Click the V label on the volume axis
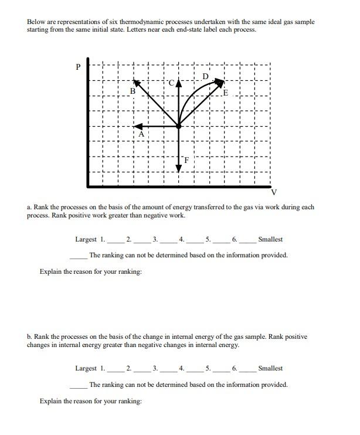(x=273, y=193)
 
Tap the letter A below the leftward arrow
(x=141, y=134)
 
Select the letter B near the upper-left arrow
(x=133, y=91)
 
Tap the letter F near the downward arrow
(x=186, y=159)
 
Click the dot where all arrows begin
(x=179, y=125)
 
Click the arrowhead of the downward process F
(x=179, y=168)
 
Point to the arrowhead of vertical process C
(x=179, y=83)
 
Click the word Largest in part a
(x=86, y=239)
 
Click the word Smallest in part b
(x=270, y=368)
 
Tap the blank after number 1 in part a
(x=116, y=240)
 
